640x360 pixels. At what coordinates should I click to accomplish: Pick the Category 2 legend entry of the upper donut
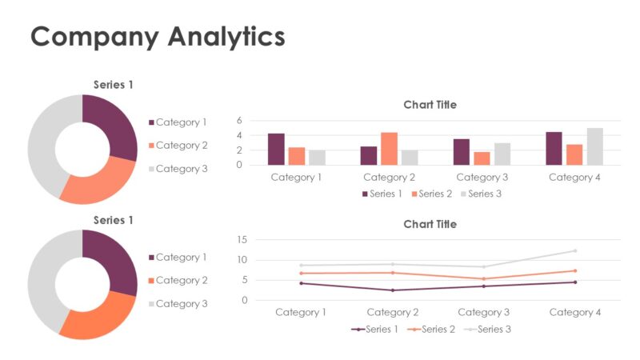(181, 146)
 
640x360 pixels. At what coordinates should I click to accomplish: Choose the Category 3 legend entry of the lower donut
(181, 304)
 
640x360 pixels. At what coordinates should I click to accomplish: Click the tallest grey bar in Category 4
(594, 146)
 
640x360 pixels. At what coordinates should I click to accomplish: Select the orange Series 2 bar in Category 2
(389, 149)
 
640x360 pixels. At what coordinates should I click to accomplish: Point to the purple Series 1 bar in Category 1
(276, 150)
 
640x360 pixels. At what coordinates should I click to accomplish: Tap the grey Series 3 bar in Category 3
(502, 154)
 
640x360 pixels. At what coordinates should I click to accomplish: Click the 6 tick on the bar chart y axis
(238, 120)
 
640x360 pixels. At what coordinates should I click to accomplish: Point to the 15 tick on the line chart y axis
(242, 239)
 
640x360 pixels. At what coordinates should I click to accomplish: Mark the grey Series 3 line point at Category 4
(574, 250)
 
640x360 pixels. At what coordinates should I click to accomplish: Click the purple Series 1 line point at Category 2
(392, 290)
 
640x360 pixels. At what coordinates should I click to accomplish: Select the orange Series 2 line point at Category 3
(483, 278)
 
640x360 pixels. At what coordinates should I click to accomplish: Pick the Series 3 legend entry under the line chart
(490, 329)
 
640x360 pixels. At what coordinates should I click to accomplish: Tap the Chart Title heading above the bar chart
(430, 105)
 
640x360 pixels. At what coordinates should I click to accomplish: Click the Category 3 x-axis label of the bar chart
(482, 178)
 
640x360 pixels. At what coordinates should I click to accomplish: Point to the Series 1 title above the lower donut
(114, 220)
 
